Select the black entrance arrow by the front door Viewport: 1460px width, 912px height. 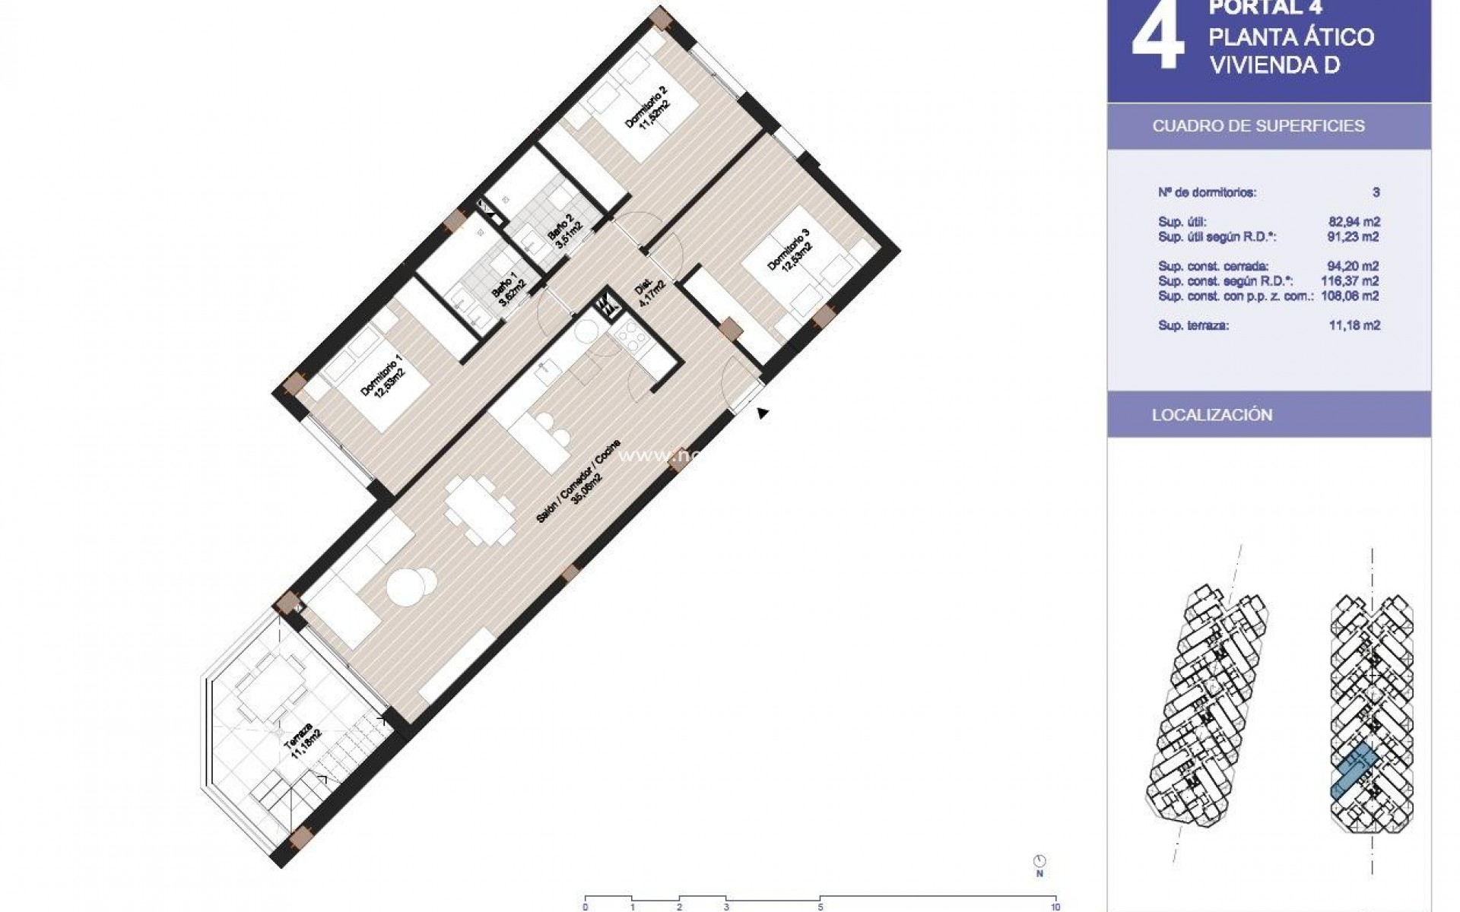point(763,413)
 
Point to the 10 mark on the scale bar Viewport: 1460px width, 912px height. point(1055,907)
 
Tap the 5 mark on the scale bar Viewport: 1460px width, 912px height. point(820,907)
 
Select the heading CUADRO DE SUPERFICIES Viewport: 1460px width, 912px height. point(1258,126)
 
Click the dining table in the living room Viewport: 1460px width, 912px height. point(479,509)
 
